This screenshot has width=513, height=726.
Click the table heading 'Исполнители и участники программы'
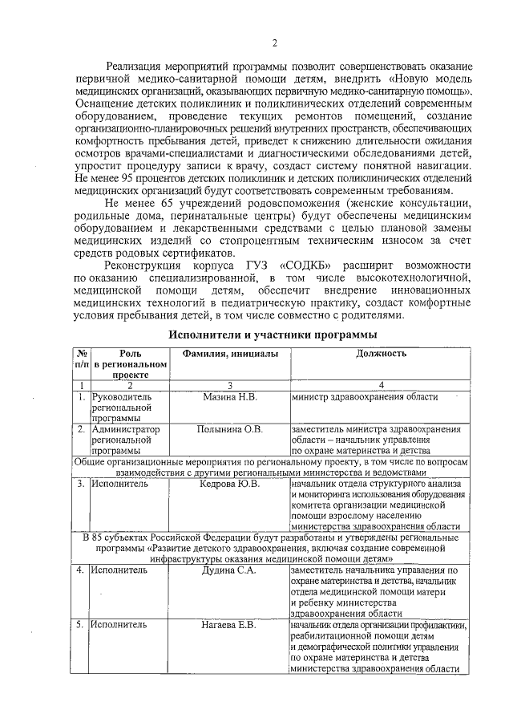coord(273,335)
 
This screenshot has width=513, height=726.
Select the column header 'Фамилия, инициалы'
coord(230,354)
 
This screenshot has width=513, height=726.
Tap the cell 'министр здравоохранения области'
coord(365,397)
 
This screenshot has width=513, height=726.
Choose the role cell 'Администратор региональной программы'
coord(125,440)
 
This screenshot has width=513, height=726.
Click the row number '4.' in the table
coord(81,570)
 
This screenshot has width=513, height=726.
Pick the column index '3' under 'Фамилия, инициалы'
coord(230,386)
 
